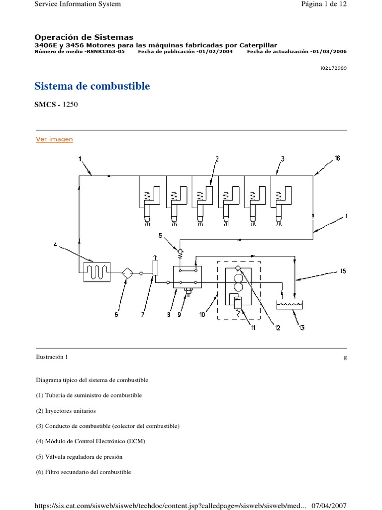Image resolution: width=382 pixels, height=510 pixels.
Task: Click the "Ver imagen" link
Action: [x=54, y=139]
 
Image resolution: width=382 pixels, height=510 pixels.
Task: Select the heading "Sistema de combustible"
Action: [x=92, y=86]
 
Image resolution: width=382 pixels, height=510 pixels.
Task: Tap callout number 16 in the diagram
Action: [x=337, y=158]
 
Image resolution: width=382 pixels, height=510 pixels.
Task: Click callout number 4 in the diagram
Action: [x=56, y=245]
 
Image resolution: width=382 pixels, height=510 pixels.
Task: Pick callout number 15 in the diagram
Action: [x=343, y=271]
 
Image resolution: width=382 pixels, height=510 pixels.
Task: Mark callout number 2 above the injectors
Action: [x=217, y=159]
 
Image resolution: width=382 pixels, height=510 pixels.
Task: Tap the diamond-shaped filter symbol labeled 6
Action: [x=127, y=272]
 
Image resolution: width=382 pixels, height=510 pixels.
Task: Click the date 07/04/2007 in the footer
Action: [x=329, y=506]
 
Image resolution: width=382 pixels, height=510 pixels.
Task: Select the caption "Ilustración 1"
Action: [x=52, y=357]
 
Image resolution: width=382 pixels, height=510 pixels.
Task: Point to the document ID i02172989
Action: [x=333, y=68]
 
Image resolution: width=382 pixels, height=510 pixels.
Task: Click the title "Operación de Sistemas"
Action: [x=84, y=37]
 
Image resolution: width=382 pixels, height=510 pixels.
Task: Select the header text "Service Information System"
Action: [x=77, y=4]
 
